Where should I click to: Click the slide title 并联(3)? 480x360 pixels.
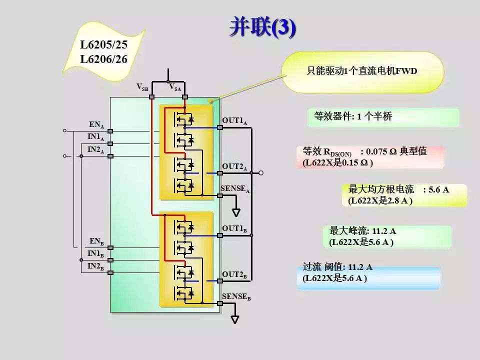pos(262,27)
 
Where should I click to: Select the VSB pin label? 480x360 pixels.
pos(142,87)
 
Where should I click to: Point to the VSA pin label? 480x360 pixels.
pos(175,87)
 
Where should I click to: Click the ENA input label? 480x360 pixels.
pos(96,125)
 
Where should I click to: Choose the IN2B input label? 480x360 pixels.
pos(95,266)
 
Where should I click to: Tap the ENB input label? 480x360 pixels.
pos(96,241)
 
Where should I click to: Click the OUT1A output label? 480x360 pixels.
pos(235,121)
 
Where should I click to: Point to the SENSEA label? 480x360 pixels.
pos(235,189)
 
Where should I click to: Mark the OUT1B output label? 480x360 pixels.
pos(235,229)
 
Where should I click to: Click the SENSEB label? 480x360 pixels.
pos(236,297)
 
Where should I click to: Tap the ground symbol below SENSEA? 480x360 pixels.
pos(236,212)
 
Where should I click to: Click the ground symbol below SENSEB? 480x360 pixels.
pos(234,319)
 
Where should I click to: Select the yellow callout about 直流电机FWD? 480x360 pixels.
pos(362,72)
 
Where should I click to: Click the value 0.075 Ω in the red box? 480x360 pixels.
pos(382,151)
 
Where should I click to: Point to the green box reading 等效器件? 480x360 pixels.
pos(383,116)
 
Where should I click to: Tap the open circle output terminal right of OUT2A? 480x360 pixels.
pos(261,173)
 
